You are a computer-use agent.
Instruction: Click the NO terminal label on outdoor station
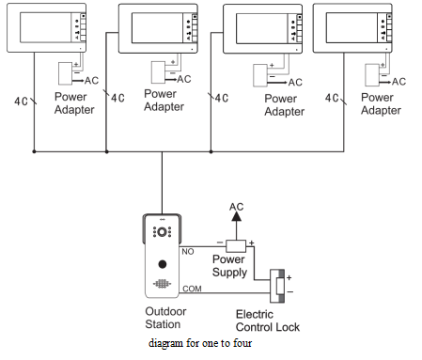pyautogui.click(x=188, y=252)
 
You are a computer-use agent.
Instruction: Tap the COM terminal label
pyautogui.click(x=192, y=289)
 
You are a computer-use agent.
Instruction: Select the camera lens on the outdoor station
pyautogui.click(x=162, y=232)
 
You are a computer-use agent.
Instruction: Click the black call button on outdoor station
pyautogui.click(x=163, y=264)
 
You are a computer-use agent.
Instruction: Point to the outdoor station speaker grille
pyautogui.click(x=162, y=284)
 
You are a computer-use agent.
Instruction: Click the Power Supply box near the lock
pyautogui.click(x=236, y=246)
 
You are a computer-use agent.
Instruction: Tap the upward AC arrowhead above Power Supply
pyautogui.click(x=236, y=216)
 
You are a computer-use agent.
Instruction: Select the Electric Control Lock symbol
pyautogui.click(x=277, y=286)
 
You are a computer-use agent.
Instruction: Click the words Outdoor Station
pyautogui.click(x=165, y=318)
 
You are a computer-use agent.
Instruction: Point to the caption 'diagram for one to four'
pyautogui.click(x=200, y=343)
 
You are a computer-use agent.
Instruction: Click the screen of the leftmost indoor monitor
pyautogui.click(x=46, y=27)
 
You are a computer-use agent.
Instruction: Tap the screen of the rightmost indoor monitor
pyautogui.click(x=352, y=27)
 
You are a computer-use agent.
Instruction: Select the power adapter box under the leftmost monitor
pyautogui.click(x=66, y=73)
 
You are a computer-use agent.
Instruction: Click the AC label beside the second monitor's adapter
pyautogui.click(x=184, y=79)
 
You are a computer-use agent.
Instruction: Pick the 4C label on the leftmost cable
pyautogui.click(x=21, y=102)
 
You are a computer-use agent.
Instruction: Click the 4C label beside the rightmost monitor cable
pyautogui.click(x=332, y=98)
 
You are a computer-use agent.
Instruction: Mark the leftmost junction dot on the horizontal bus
pyautogui.click(x=34, y=151)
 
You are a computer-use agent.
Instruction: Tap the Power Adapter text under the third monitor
pyautogui.click(x=285, y=105)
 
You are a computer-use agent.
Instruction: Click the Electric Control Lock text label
pyautogui.click(x=268, y=321)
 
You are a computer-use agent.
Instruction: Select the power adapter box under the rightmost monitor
pyautogui.click(x=372, y=75)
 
